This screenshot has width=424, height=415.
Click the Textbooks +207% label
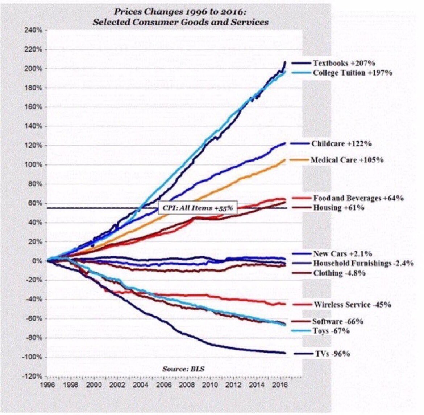click(x=339, y=63)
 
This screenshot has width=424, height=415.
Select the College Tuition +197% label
click(x=352, y=73)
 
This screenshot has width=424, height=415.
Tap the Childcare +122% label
click(x=341, y=143)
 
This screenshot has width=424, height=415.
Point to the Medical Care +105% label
click(x=347, y=160)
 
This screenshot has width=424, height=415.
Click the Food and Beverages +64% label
click(x=358, y=198)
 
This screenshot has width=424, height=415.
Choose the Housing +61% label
click(x=338, y=208)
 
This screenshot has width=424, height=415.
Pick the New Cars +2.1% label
click(x=342, y=253)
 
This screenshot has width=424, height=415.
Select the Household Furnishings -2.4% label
click(x=363, y=263)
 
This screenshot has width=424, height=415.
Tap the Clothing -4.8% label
click(x=339, y=273)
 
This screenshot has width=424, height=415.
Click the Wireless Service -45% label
click(x=352, y=305)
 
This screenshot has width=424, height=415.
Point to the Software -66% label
click(x=338, y=321)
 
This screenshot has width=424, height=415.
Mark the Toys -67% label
click(x=331, y=331)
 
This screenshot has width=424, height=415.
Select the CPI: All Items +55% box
click(x=198, y=208)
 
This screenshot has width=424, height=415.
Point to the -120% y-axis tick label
click(x=34, y=376)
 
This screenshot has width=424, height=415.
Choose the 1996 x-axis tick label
click(x=47, y=385)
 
